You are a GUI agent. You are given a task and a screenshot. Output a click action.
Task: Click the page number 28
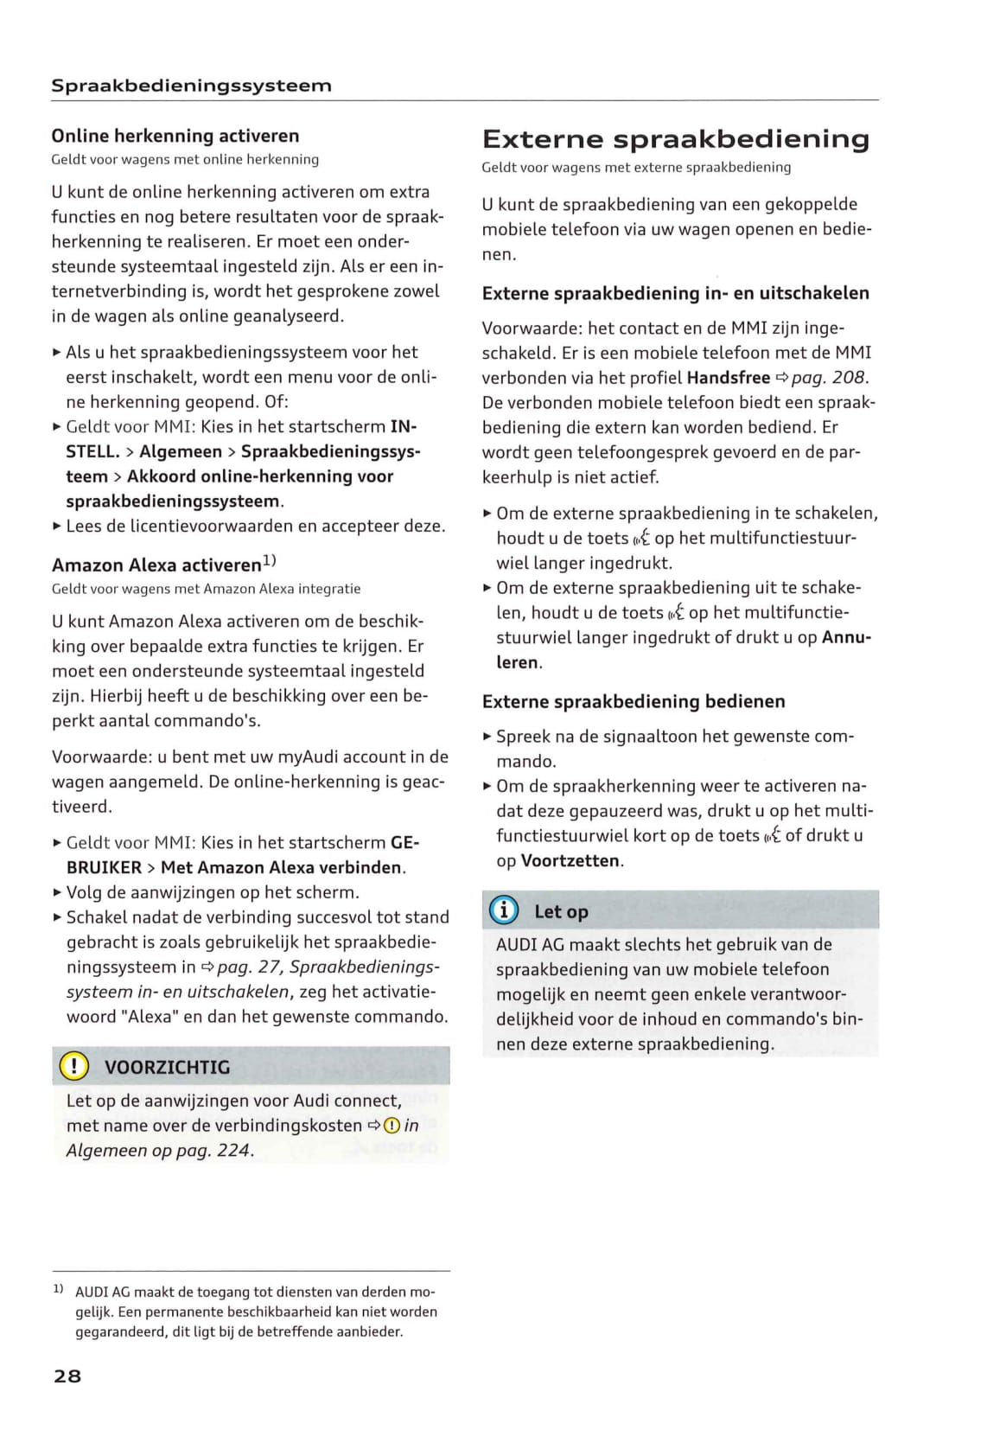[67, 1376]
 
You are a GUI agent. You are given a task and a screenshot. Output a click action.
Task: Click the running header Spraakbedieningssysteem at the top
[191, 86]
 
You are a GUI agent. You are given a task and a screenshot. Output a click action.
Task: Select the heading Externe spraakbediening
[675, 139]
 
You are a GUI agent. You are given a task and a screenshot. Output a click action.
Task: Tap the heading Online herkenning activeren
[175, 136]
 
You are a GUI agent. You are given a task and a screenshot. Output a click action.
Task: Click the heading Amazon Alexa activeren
[156, 565]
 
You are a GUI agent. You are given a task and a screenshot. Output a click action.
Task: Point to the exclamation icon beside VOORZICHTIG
[74, 1066]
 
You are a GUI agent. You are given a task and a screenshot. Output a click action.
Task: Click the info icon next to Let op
[504, 910]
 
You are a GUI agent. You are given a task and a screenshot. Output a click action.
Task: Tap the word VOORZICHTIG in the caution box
[168, 1067]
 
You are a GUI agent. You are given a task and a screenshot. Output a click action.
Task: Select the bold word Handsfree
[728, 378]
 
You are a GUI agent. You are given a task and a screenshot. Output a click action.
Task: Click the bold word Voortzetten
[570, 861]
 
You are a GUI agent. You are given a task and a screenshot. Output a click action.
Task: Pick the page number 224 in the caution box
[233, 1151]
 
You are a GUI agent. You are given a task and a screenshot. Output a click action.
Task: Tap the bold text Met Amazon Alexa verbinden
[283, 867]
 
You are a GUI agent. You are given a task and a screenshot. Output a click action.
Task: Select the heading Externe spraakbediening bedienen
[634, 701]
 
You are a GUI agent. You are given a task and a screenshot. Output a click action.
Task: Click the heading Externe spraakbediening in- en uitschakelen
[676, 293]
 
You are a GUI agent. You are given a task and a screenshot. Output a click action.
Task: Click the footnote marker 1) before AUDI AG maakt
[58, 1289]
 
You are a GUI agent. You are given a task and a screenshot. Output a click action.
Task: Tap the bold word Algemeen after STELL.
[181, 451]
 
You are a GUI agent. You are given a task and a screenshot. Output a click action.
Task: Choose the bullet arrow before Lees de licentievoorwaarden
[57, 526]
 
